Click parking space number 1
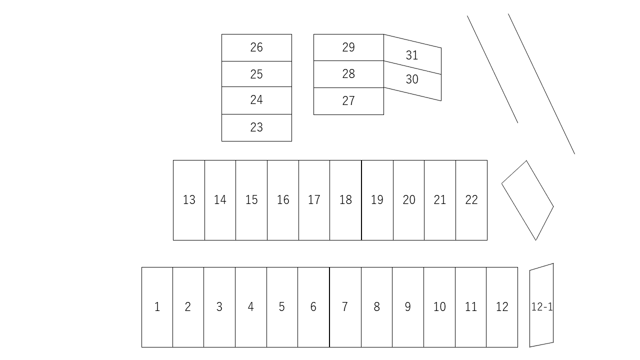(157, 307)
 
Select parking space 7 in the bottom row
(345, 307)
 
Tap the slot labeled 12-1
(541, 306)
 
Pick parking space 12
(502, 307)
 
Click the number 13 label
(189, 200)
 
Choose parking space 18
(345, 200)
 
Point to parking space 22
(471, 200)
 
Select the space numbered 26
(256, 47)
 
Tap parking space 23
(256, 127)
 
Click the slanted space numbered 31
(412, 55)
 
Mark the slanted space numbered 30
(412, 80)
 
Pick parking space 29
(348, 47)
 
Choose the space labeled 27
(348, 101)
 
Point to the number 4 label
(250, 307)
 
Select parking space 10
(439, 307)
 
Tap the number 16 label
(283, 200)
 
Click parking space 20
(409, 200)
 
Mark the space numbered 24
(256, 100)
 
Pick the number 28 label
(348, 74)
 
